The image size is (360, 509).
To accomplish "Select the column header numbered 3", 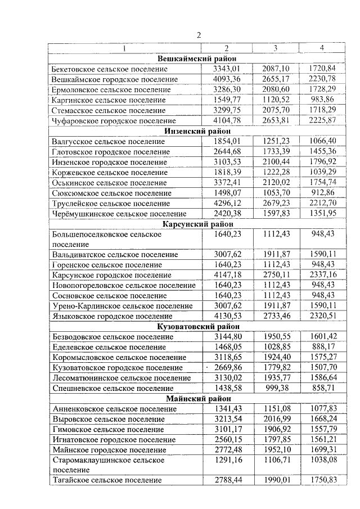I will coord(276,48).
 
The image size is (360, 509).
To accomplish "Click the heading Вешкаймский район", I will coord(196,58).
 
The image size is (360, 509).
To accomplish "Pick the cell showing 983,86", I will coord(322,100).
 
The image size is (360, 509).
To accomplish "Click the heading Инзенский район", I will coord(196,131).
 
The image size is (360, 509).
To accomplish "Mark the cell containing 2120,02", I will coord(276,182).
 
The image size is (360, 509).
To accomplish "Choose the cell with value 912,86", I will coord(322,192).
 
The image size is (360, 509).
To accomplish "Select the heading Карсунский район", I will coord(196,224).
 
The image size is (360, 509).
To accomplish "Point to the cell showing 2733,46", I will coord(276,316).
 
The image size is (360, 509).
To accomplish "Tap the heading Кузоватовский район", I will coord(196,326).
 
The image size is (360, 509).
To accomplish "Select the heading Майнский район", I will coord(196,398).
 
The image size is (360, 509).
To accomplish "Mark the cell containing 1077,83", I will coord(322,408).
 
